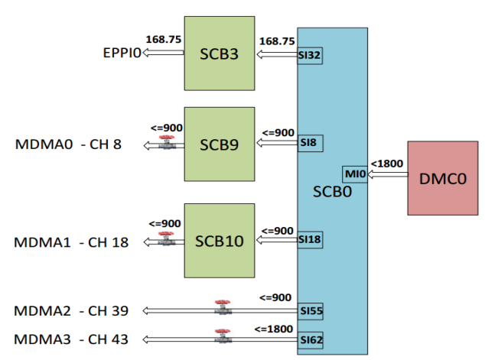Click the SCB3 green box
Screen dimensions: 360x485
tap(220, 54)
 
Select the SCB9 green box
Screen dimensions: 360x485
tap(220, 144)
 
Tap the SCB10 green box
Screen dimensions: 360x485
tap(220, 241)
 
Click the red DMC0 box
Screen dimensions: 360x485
tap(441, 178)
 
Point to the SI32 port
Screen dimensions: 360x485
tap(309, 55)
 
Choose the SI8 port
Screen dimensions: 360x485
tap(308, 143)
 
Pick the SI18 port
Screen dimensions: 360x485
tap(309, 239)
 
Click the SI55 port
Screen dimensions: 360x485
tap(309, 310)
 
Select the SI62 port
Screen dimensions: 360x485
tap(309, 337)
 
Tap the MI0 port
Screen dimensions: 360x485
tap(355, 175)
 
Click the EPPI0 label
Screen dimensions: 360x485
tap(122, 54)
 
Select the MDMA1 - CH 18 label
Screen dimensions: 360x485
tap(71, 242)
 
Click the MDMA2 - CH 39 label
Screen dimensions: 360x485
tap(71, 310)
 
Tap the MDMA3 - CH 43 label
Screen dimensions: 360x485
tap(71, 339)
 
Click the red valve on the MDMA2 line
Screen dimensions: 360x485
tap(223, 307)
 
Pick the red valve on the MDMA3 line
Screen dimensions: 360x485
tap(223, 335)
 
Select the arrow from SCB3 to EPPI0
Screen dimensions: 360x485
tap(164, 54)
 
